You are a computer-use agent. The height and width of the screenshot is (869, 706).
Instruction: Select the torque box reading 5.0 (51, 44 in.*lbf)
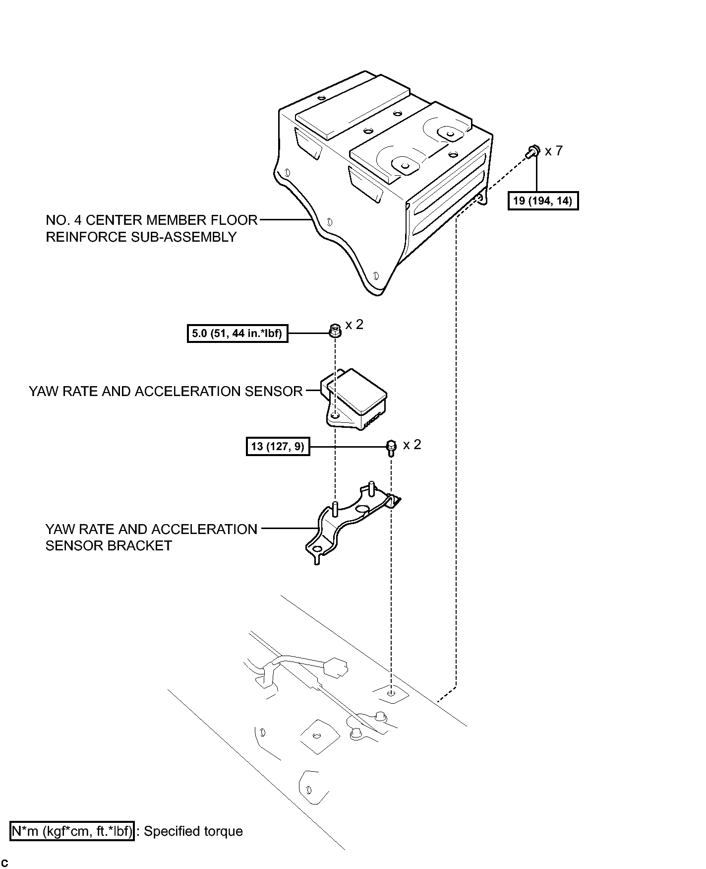click(237, 333)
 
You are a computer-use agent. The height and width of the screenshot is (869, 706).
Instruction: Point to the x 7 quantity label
click(554, 150)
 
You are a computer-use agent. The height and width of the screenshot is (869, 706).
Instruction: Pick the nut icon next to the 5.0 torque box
click(335, 330)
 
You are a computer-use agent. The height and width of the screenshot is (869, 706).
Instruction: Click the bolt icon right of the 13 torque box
click(391, 448)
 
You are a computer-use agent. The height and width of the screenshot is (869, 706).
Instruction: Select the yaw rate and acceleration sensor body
click(354, 399)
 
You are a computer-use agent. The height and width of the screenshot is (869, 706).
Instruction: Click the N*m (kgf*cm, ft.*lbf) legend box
click(72, 831)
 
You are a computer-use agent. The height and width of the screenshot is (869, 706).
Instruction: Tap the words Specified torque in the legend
click(193, 831)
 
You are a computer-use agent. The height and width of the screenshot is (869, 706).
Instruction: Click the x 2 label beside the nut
click(354, 325)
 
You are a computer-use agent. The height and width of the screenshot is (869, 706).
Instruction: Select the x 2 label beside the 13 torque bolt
click(412, 445)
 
